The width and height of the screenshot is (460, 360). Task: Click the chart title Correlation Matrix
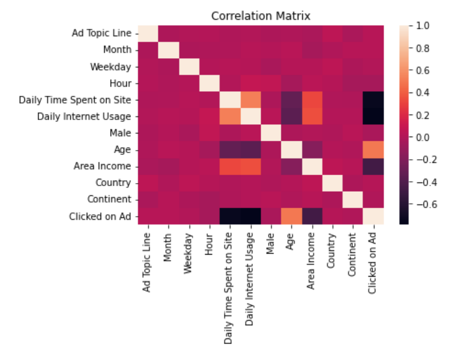(x=261, y=15)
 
